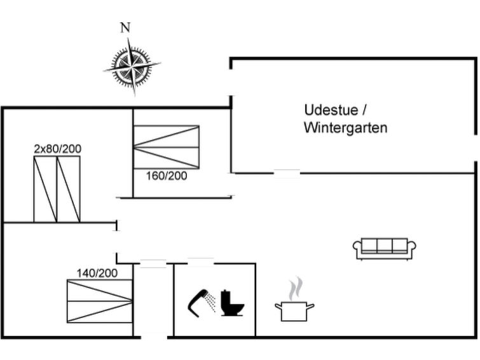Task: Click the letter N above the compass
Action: point(125,27)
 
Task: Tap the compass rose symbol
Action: point(132,66)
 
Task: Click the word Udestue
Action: point(331,110)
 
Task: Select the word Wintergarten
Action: point(346,128)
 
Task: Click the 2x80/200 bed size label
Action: point(58,149)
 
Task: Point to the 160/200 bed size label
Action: point(167,176)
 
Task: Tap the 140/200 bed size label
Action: point(97,273)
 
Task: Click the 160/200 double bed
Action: point(167,147)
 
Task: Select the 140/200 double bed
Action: point(100,301)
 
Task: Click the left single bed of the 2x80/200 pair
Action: point(45,189)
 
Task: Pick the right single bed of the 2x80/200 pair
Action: point(69,189)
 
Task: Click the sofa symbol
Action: point(385,249)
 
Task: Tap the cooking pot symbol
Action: point(294,311)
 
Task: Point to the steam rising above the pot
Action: point(295,289)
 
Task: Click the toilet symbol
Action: point(232,303)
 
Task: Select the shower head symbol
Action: point(197,303)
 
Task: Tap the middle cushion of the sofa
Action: point(385,246)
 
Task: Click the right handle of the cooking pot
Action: point(310,306)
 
